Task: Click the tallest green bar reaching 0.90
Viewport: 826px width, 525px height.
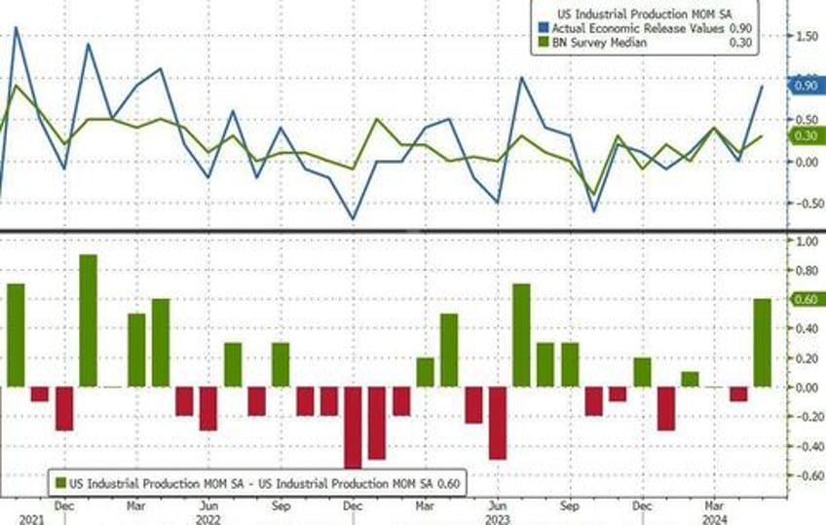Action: tap(88, 320)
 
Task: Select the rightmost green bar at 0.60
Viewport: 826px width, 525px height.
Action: tap(762, 342)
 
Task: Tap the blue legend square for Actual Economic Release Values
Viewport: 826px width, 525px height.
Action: tap(537, 28)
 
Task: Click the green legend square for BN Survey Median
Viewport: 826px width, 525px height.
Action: tap(537, 43)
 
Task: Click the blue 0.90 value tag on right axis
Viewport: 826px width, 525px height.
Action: tap(806, 86)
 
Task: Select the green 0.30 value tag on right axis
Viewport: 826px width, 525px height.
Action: tap(806, 135)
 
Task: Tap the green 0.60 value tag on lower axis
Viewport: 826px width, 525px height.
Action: tap(806, 299)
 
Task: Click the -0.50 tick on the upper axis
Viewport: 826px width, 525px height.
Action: tap(807, 204)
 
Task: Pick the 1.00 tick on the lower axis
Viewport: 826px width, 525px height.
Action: tap(807, 240)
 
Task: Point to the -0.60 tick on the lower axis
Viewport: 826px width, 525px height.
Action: tap(807, 476)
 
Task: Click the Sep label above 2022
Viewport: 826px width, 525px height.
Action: tap(281, 506)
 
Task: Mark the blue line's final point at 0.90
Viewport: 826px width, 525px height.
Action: tap(762, 86)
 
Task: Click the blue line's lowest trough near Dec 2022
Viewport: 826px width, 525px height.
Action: tap(353, 219)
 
